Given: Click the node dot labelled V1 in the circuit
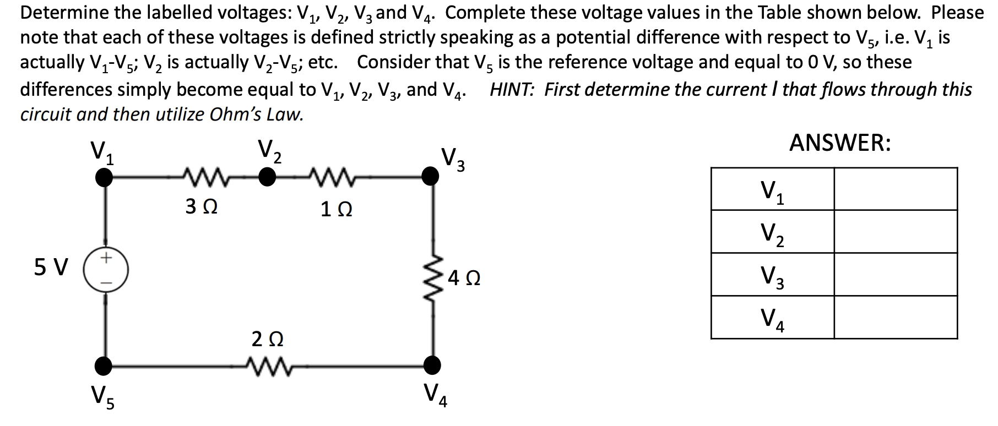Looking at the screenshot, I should (x=104, y=177).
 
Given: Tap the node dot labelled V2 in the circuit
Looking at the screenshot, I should (x=268, y=177).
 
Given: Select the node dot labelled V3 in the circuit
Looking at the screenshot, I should (x=431, y=176).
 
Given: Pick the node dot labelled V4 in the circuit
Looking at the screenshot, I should (x=432, y=364).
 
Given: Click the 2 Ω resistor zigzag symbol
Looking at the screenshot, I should (x=267, y=364).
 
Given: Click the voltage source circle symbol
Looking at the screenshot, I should (x=106, y=270).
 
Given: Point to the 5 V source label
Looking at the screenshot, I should (x=51, y=267).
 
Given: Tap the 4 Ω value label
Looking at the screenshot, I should (x=464, y=278).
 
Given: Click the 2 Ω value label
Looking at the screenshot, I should (x=267, y=339).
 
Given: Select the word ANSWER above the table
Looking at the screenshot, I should (x=839, y=143).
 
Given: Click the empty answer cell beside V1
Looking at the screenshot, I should (x=895, y=189).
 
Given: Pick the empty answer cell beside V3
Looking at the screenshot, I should (x=895, y=274).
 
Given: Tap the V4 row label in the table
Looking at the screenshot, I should (x=772, y=318).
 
